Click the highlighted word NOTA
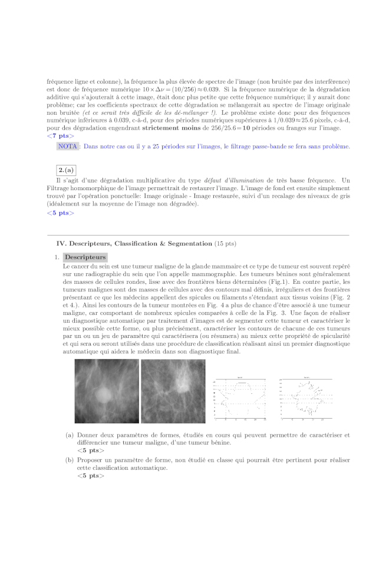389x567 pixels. coord(68,146)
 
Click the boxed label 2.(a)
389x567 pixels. coord(66,170)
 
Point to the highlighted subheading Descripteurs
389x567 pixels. coord(85,257)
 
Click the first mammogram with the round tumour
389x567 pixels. coord(107,391)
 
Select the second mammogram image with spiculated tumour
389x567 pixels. coord(172,391)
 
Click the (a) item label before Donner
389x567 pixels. coord(70,435)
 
